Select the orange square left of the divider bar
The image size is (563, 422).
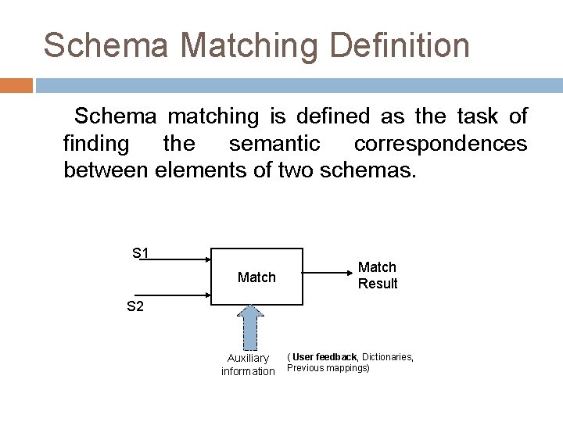click(x=16, y=84)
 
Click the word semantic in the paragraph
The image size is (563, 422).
click(x=274, y=144)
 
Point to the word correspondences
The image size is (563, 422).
click(x=440, y=144)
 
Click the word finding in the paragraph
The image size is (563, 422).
click(x=96, y=144)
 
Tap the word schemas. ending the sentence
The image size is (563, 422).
click(x=371, y=170)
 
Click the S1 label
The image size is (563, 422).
click(x=141, y=253)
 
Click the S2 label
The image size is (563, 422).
click(x=135, y=306)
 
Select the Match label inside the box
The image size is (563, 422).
click(x=256, y=277)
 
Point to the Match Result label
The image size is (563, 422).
click(x=377, y=276)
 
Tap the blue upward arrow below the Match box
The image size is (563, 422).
click(x=250, y=327)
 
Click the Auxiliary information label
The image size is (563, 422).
click(x=248, y=365)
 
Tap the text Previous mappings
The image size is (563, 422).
click(x=328, y=368)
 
